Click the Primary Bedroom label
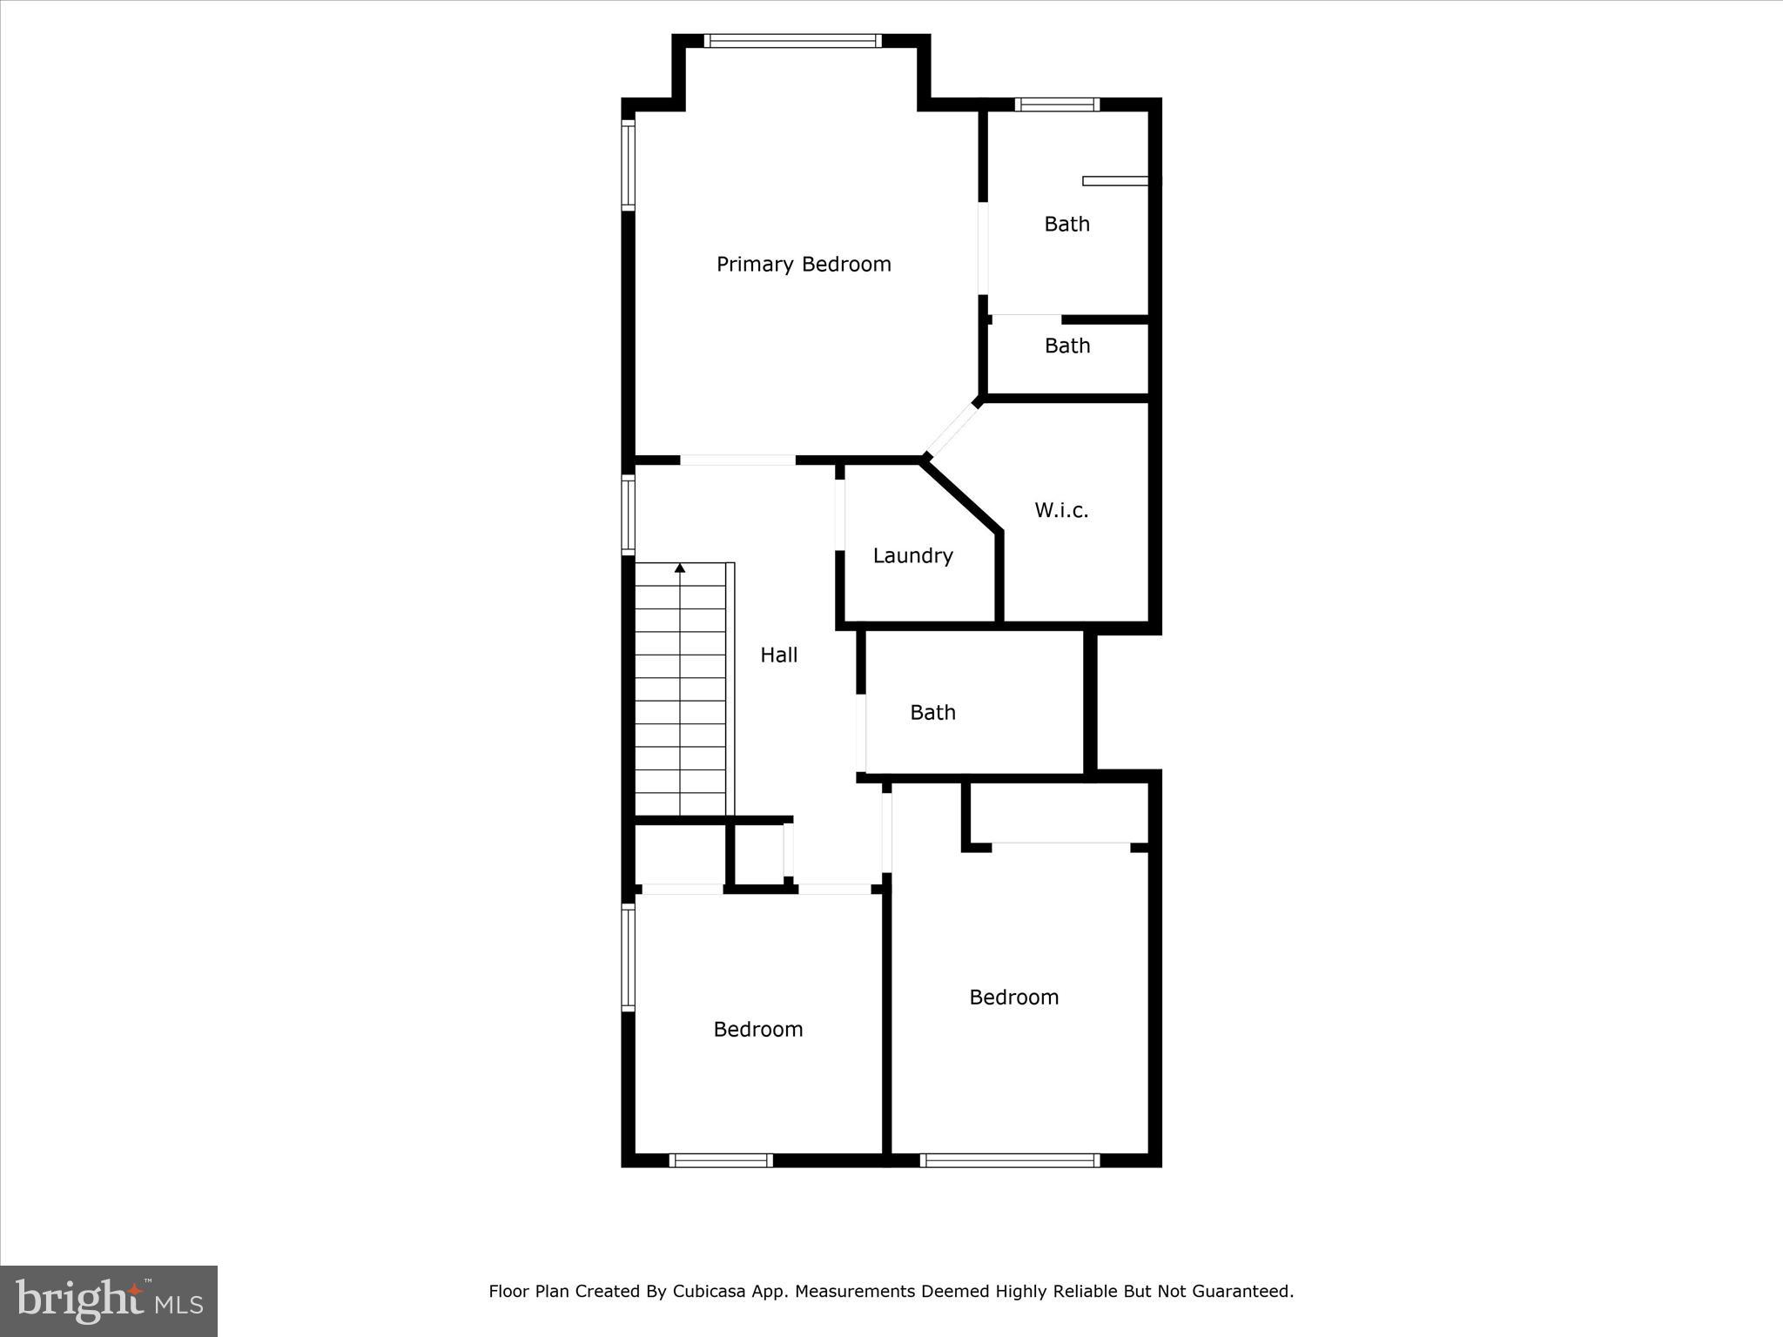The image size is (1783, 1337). tap(803, 265)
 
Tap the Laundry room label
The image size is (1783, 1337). tap(912, 556)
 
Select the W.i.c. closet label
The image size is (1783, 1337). tap(1060, 510)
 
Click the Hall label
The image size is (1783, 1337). tap(778, 655)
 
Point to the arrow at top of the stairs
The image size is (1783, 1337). tap(680, 568)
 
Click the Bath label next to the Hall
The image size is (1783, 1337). tap(932, 713)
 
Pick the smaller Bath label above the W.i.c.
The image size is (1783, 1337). tap(1066, 346)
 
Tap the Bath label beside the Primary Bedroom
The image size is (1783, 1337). tap(1066, 225)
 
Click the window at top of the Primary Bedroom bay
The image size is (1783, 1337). tap(792, 40)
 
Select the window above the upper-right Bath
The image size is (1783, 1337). tap(1057, 105)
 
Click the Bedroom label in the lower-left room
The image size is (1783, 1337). tap(757, 1030)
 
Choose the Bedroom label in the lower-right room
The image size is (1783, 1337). tap(1013, 998)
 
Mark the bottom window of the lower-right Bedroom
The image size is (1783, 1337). tap(1010, 1160)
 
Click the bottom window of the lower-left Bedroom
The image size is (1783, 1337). tap(721, 1160)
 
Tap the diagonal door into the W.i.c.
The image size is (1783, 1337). tap(952, 428)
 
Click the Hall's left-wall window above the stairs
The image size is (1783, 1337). tap(628, 514)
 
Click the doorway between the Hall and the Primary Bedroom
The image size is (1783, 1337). tap(737, 460)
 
